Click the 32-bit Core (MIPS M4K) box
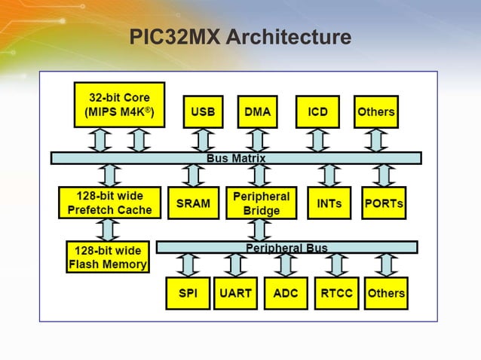pyautogui.click(x=119, y=105)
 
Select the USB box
pyautogui.click(x=202, y=111)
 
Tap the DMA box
pyautogui.click(x=258, y=111)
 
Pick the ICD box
pyautogui.click(x=317, y=111)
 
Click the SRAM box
pyautogui.click(x=193, y=203)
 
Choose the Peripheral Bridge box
pyautogui.click(x=261, y=203)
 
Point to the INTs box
pyautogui.click(x=329, y=203)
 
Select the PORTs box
pyautogui.click(x=384, y=203)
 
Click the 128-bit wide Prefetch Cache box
pyautogui.click(x=109, y=203)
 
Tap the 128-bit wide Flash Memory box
pyautogui.click(x=108, y=257)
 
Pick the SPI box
pyautogui.click(x=188, y=293)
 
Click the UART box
pyautogui.click(x=236, y=293)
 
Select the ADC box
pyautogui.click(x=285, y=293)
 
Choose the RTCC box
pyautogui.click(x=335, y=293)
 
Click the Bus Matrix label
pyautogui.click(x=236, y=158)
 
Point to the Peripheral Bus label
pyautogui.click(x=286, y=247)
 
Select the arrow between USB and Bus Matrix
pyautogui.click(x=201, y=140)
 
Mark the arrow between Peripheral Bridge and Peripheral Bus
pyautogui.click(x=261, y=230)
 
